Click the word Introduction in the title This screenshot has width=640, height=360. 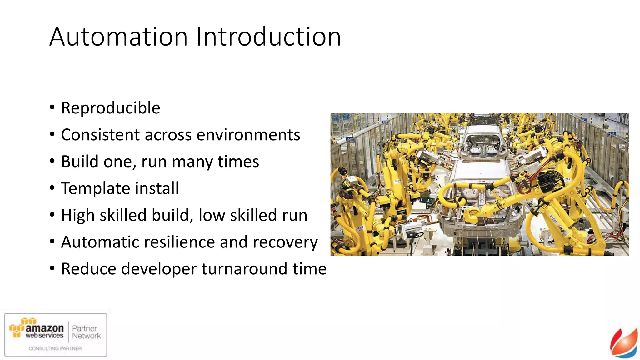coord(268,37)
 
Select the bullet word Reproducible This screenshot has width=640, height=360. coord(111,108)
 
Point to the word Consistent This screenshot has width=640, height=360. coord(100,135)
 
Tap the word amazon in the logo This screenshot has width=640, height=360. coord(44,328)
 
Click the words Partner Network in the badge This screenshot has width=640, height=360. coord(86,332)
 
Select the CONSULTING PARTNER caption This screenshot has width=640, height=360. coord(55,348)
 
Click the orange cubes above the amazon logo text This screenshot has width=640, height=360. coord(28,321)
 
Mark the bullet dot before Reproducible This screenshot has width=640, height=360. coord(52,108)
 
